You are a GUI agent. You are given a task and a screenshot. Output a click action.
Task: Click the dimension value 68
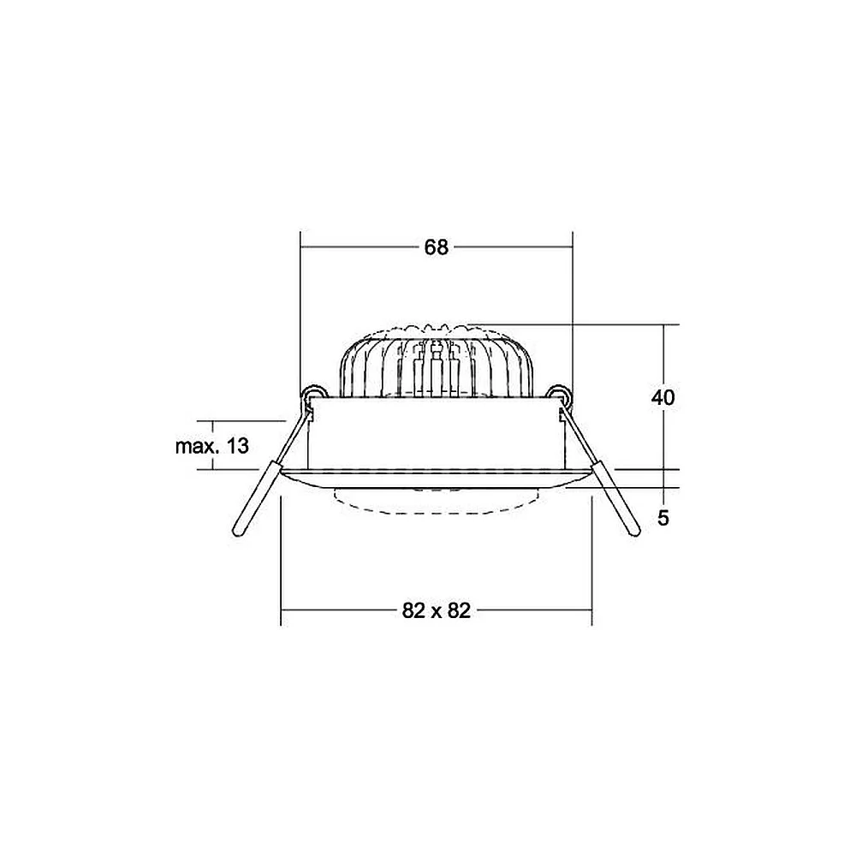[x=437, y=247]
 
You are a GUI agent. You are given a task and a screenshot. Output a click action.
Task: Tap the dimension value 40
[x=663, y=397]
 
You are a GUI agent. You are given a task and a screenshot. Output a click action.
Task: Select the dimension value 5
[x=663, y=518]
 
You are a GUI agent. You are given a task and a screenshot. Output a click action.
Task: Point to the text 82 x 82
[x=437, y=610]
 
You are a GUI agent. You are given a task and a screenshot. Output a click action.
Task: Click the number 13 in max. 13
[x=237, y=446]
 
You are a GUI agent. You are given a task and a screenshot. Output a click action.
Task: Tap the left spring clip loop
[x=315, y=393]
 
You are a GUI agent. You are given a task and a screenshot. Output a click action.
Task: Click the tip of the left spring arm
[x=237, y=532]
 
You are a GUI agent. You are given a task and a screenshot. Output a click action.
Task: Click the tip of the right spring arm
[x=634, y=532]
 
